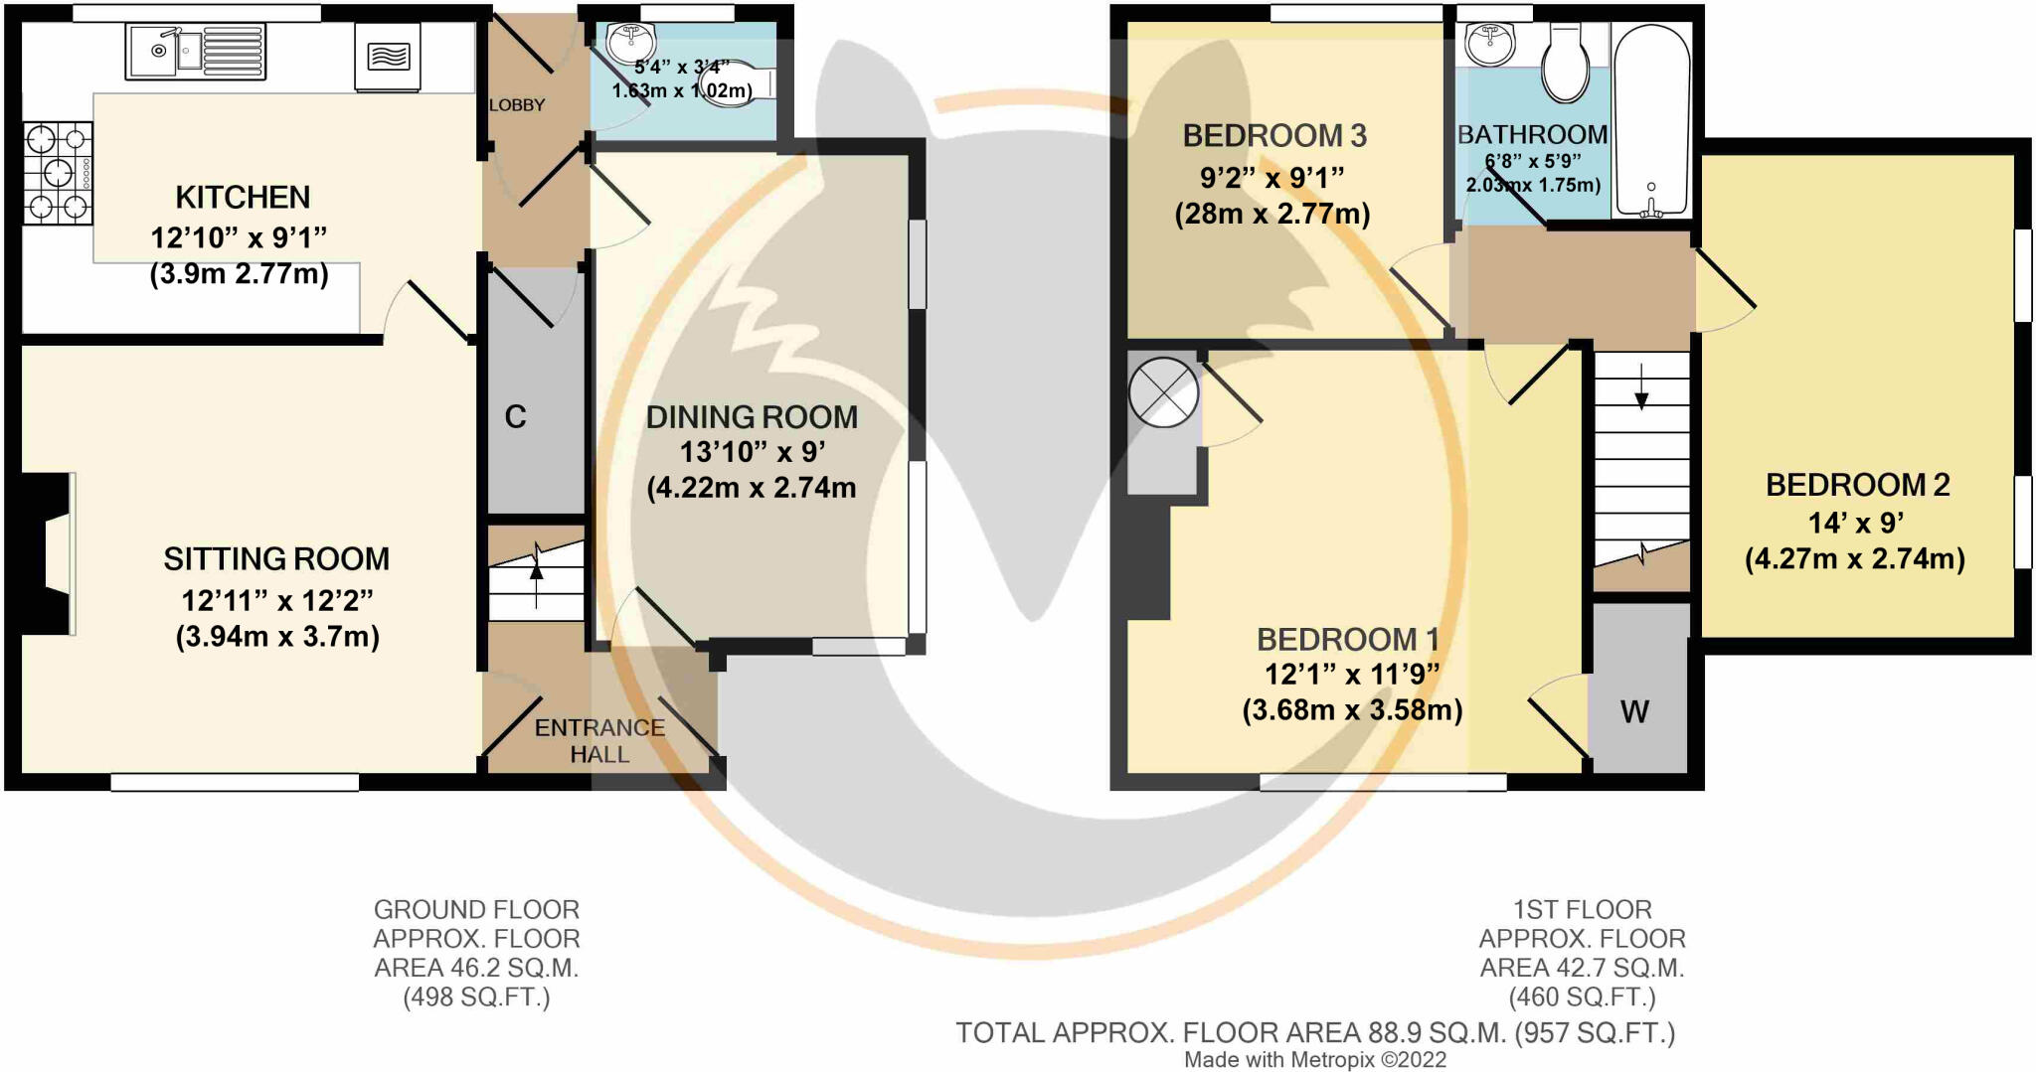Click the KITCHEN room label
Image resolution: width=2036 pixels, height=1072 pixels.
point(243,197)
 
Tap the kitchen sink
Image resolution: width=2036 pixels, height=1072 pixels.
point(196,52)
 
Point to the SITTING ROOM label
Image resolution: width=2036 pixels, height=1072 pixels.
point(276,559)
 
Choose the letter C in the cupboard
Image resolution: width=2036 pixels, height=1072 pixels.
point(515,416)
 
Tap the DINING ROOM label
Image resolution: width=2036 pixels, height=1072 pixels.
point(752,417)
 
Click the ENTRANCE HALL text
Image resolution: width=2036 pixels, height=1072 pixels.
point(599,741)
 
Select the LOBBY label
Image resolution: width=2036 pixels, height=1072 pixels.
point(517,104)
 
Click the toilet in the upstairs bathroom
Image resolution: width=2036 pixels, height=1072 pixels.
point(1565,63)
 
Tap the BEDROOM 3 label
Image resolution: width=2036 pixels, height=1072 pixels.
point(1274,135)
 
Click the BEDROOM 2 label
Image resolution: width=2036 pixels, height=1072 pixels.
point(1857,485)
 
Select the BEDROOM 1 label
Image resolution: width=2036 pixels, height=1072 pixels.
point(1348,639)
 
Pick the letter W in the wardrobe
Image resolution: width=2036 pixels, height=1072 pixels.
point(1635,711)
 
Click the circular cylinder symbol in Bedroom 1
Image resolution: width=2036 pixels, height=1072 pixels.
point(1163,391)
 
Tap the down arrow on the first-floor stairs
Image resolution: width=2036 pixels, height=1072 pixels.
point(1641,386)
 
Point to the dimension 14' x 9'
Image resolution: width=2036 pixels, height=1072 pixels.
point(1855,523)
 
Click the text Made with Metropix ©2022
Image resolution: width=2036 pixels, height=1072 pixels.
point(1315,1060)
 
